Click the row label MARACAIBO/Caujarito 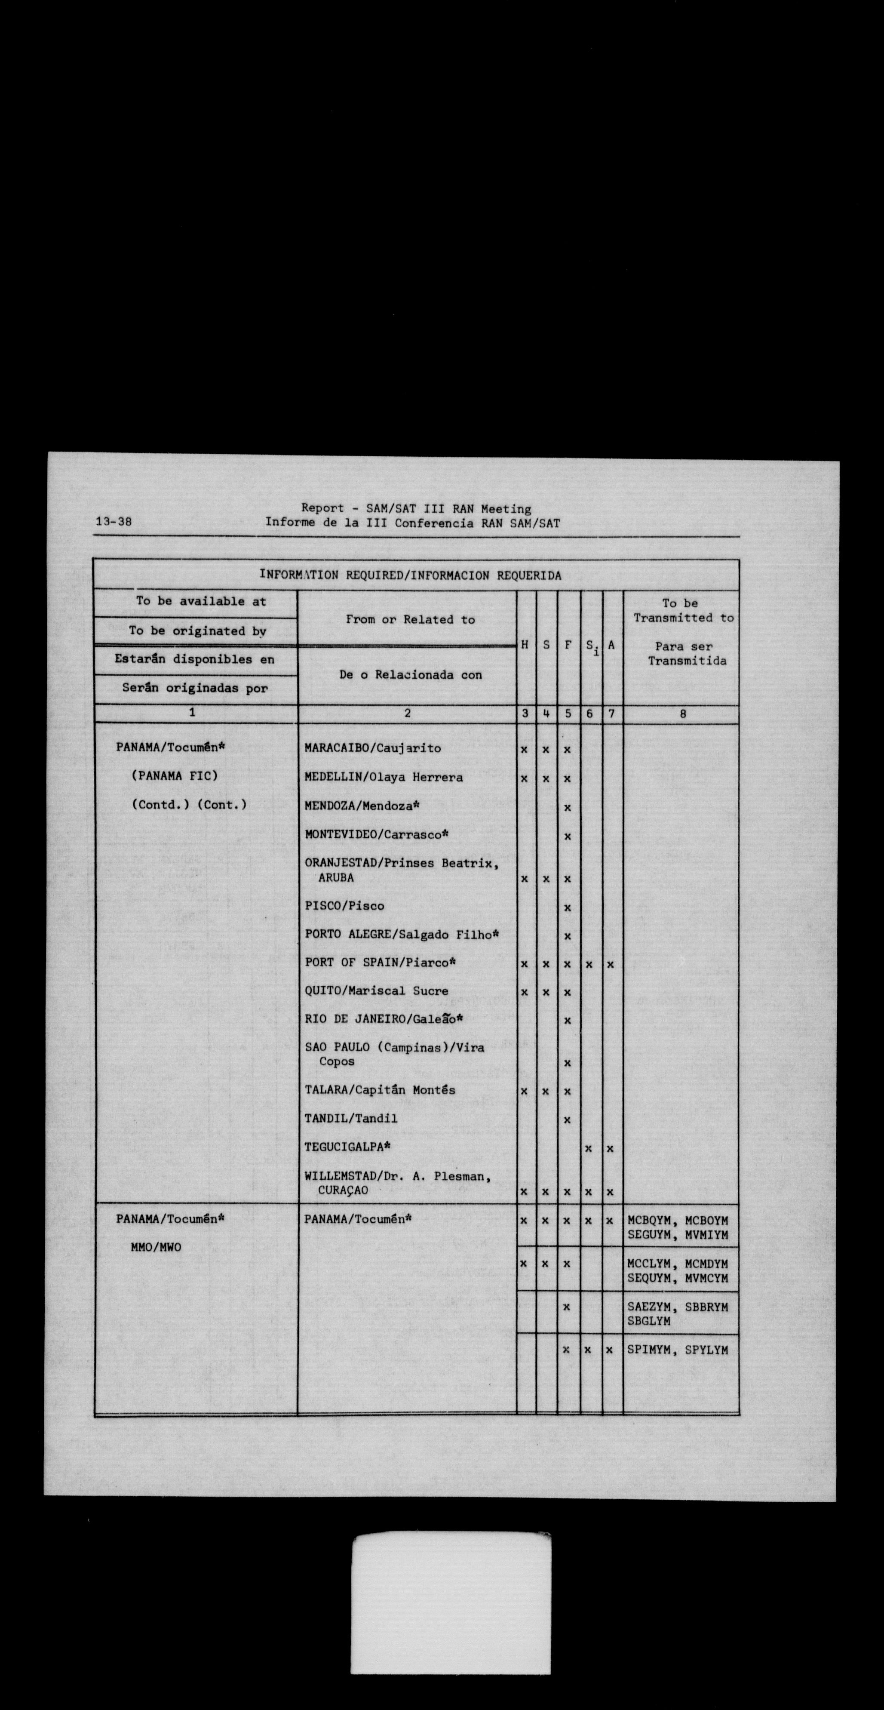tap(372, 748)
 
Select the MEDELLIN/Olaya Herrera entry tap(384, 777)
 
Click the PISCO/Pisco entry tap(344, 906)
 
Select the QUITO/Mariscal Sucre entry tap(376, 991)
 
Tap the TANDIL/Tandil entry tap(351, 1119)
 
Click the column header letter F tap(568, 645)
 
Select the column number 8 tap(682, 714)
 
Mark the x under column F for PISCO tap(568, 907)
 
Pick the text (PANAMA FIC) tap(175, 775)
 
